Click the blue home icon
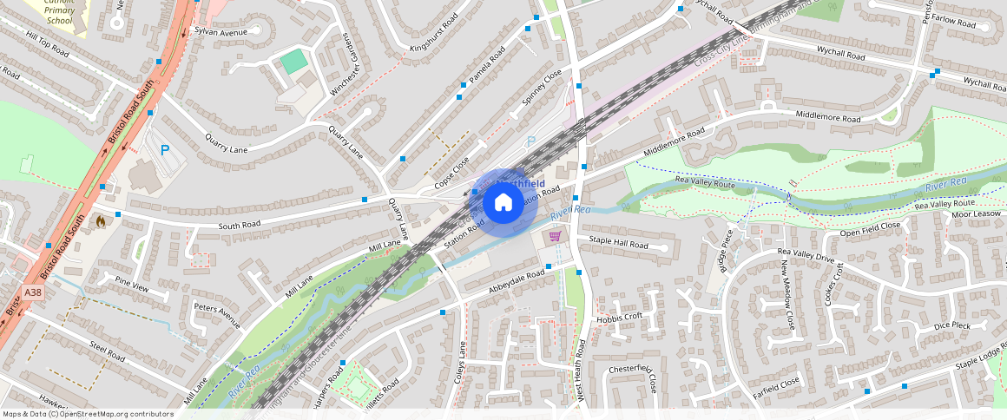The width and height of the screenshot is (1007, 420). click(x=503, y=203)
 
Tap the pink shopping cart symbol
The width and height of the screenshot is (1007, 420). click(x=554, y=235)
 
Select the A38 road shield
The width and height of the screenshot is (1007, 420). click(x=33, y=293)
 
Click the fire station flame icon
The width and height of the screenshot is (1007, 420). click(x=101, y=222)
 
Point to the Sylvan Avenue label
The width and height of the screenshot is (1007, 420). click(x=220, y=32)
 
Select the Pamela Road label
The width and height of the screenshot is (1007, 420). click(x=487, y=69)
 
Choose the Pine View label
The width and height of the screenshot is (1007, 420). click(x=132, y=284)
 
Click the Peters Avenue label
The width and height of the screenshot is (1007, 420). click(x=217, y=316)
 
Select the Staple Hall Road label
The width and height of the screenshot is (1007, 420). click(x=618, y=245)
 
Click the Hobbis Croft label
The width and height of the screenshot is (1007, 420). click(x=620, y=318)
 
